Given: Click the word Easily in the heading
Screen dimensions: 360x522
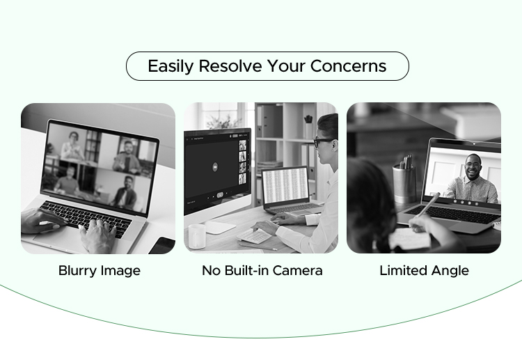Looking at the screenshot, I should pos(171,67).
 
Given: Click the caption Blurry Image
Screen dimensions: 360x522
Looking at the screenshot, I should pos(99,271).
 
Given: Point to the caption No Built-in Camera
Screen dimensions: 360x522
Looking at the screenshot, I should pos(262,271).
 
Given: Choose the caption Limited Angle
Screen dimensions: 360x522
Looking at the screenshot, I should pos(424,271).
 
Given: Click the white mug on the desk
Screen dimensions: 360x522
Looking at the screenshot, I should pos(197,235).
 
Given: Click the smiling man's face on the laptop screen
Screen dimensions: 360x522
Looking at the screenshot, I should pos(473,166).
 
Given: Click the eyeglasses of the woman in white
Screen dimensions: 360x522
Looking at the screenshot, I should pos(323,141).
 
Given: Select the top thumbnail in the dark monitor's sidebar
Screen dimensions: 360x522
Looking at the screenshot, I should pos(242,146).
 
